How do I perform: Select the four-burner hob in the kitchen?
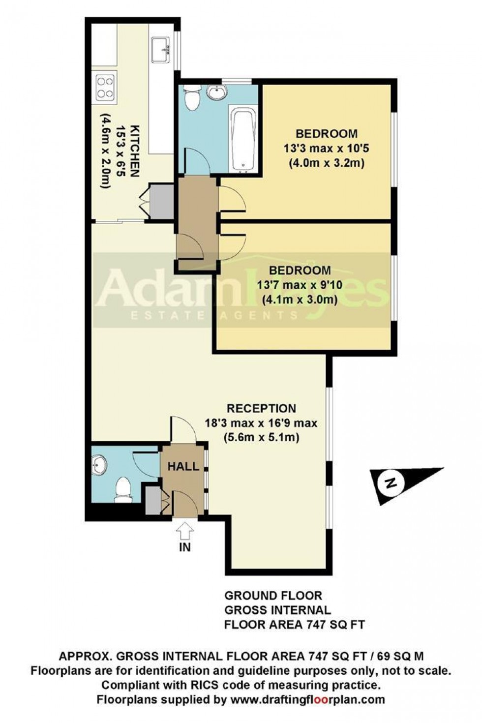coord(105,87)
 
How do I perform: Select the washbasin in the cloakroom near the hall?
coord(99,464)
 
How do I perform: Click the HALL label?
coord(183,466)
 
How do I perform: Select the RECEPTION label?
coord(261,408)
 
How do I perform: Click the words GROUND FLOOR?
coord(273,596)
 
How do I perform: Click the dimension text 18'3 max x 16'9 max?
coord(261,422)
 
